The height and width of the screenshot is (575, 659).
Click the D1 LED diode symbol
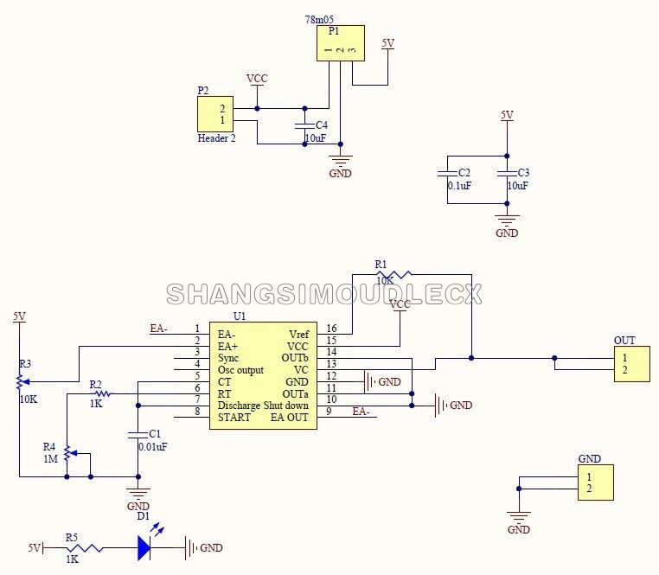(x=144, y=547)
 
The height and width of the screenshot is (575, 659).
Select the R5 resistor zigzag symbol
(x=85, y=548)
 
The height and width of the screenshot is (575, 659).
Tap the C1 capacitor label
(x=155, y=433)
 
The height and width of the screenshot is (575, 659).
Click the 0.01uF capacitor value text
(x=153, y=446)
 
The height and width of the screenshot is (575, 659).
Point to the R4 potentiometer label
(x=49, y=446)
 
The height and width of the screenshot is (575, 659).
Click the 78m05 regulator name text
(x=319, y=19)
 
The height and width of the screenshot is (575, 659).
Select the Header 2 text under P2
(x=216, y=138)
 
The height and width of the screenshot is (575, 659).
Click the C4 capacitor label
(x=322, y=125)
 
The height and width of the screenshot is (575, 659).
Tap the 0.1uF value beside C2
(x=459, y=185)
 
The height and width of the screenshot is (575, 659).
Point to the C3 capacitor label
(x=524, y=172)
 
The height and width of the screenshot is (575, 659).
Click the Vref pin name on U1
(x=299, y=334)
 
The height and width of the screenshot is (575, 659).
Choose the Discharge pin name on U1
(x=239, y=406)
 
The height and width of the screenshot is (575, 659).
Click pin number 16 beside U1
(x=331, y=329)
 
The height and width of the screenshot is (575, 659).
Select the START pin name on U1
(x=234, y=418)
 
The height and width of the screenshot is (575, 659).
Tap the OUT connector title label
(x=624, y=340)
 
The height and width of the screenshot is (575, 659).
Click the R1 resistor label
(x=381, y=265)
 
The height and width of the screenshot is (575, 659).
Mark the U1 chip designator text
(x=240, y=316)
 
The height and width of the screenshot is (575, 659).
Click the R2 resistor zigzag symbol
(x=103, y=393)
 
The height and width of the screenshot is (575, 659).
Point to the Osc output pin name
(x=240, y=370)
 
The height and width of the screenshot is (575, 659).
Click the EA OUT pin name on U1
(x=289, y=418)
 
